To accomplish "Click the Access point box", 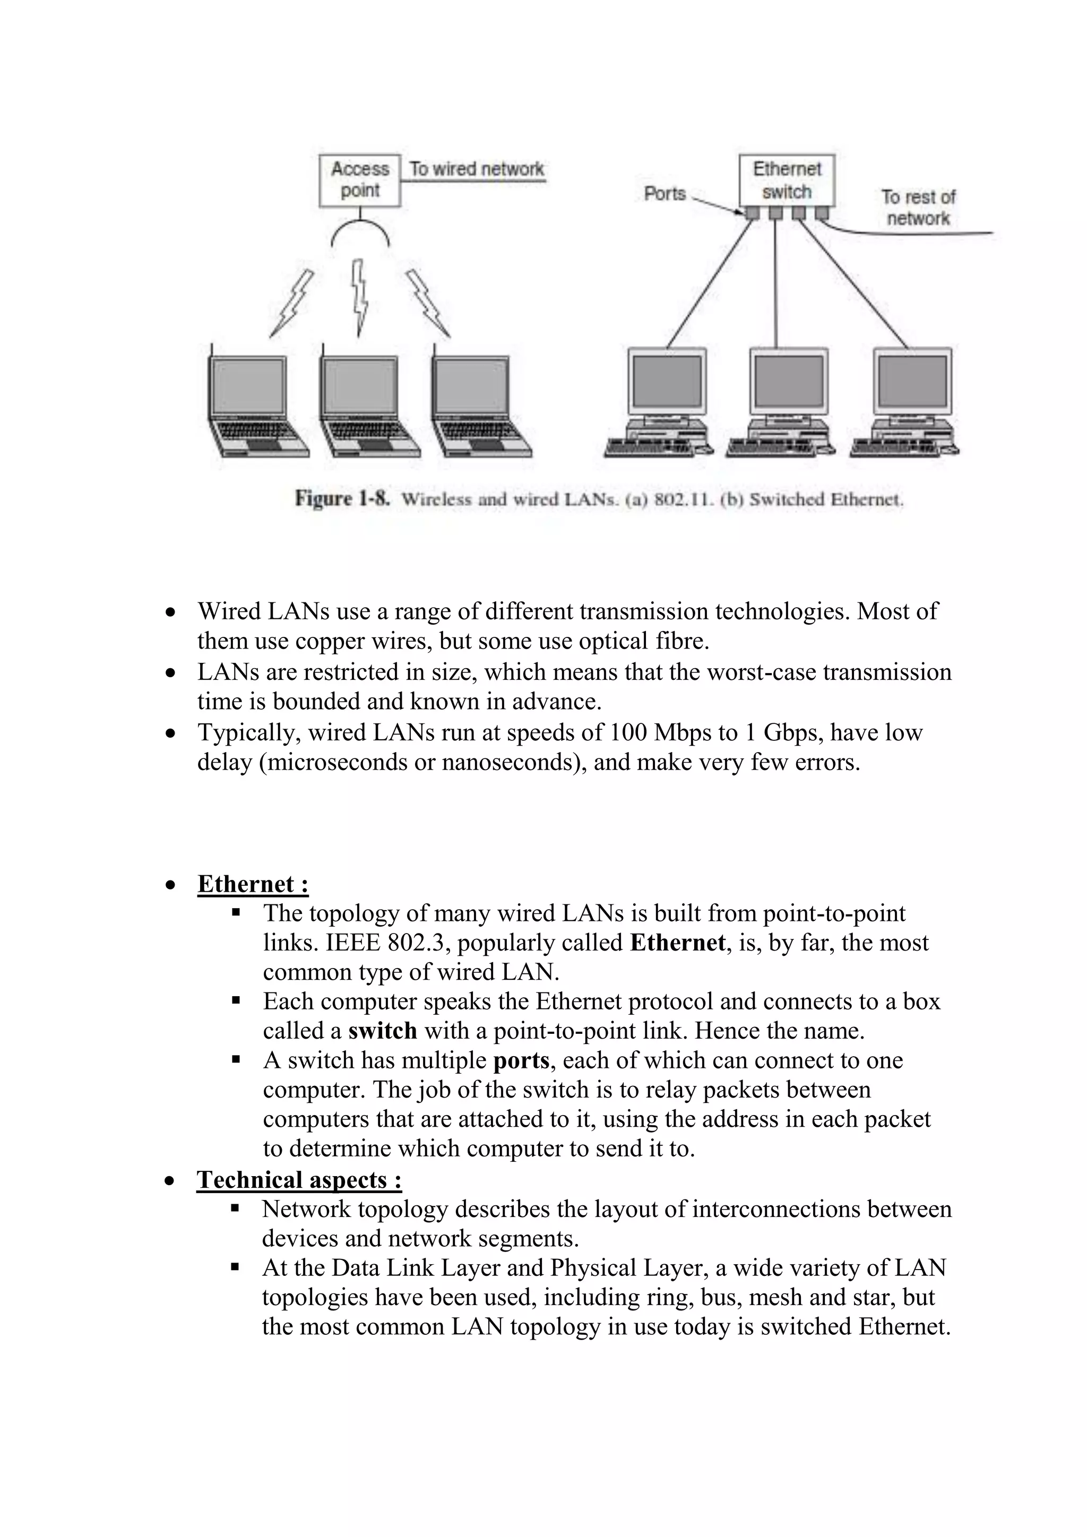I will point(359,180).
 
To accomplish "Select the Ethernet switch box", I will point(787,180).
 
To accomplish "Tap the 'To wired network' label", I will point(477,169).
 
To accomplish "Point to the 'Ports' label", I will point(665,194).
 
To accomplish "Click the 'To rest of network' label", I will point(918,208).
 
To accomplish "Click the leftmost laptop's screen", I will point(248,386).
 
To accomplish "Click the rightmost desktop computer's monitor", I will point(912,382).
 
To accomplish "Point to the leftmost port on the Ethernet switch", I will point(752,213).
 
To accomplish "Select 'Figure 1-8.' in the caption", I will point(342,499).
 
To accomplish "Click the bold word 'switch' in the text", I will point(382,1030).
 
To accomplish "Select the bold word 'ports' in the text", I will point(521,1060).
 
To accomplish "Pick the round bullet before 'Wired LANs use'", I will point(171,612).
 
